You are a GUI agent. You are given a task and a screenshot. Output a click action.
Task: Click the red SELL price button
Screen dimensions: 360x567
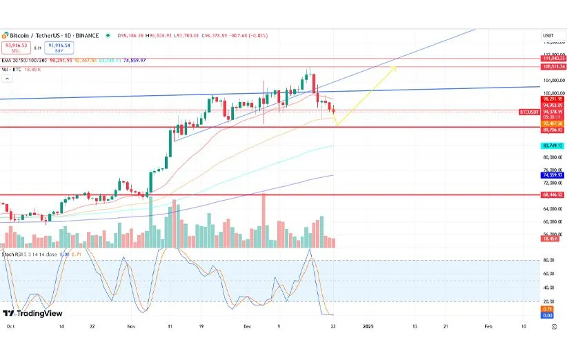pos(16,48)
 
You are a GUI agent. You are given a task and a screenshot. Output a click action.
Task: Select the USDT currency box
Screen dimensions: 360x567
pos(549,35)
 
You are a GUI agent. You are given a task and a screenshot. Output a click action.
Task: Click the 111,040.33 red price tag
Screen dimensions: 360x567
pos(554,58)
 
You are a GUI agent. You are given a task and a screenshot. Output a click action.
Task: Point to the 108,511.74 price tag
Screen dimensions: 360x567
pos(554,67)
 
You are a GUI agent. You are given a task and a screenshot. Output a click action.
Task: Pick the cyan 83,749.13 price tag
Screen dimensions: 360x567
pos(554,146)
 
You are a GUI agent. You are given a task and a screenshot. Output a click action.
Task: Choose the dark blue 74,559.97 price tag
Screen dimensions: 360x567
pos(554,175)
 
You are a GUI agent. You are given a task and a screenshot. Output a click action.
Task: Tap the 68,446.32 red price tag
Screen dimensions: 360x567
pos(554,195)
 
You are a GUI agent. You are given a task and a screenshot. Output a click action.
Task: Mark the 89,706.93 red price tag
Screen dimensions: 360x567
pos(554,129)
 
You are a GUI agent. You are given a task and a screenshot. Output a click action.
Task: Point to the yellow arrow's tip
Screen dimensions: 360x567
pos(396,67)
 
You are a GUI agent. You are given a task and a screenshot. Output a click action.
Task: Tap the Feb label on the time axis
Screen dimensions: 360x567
pos(488,326)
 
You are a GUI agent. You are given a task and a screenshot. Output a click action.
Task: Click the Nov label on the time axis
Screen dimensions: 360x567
pos(132,326)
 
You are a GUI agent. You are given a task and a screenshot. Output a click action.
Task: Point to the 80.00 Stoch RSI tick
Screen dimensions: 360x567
pos(550,260)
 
